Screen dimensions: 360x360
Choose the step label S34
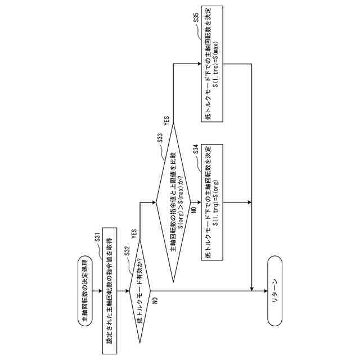coord(195,150)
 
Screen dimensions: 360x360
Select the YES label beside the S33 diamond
coord(166,120)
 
